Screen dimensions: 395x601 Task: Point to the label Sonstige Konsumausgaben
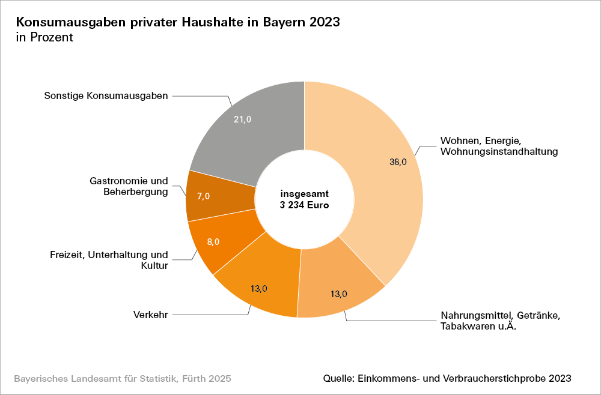106,96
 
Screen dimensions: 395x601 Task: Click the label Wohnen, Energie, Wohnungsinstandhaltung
499,146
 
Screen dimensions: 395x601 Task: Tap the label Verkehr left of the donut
150,314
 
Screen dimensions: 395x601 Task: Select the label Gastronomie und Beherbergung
129,186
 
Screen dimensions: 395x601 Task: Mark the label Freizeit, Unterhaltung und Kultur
109,260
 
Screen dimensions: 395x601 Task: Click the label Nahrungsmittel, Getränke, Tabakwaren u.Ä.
500,321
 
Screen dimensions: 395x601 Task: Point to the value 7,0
203,196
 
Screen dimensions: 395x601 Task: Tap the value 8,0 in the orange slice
213,241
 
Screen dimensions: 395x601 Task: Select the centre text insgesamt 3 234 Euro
305,199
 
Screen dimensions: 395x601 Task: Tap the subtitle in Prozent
44,37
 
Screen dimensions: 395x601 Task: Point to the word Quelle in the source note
337,379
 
